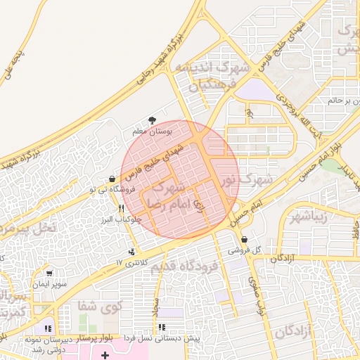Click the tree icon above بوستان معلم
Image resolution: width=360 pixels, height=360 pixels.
click(152, 120)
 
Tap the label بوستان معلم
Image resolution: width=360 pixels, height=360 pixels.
click(152, 131)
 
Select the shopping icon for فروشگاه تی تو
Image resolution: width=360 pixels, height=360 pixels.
click(112, 179)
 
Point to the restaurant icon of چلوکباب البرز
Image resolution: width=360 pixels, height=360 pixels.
click(122, 209)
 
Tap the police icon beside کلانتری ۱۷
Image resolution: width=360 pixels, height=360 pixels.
click(131, 252)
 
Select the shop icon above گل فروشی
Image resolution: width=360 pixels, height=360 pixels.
click(244, 239)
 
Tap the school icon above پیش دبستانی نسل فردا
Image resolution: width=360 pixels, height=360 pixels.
click(162, 327)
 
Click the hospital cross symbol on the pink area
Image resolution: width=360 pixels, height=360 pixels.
click(105, 356)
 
